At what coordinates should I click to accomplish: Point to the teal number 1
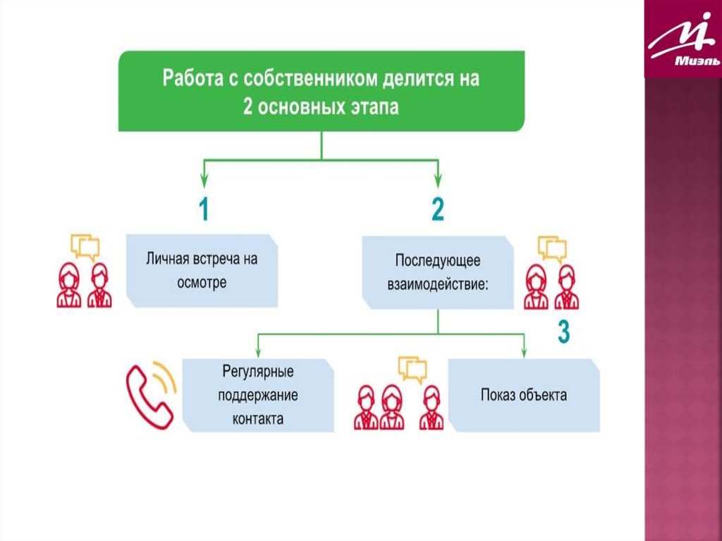[x=203, y=210]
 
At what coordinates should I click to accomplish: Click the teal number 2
[x=438, y=210]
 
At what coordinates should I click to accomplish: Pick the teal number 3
[x=563, y=332]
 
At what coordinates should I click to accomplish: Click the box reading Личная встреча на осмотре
[x=202, y=271]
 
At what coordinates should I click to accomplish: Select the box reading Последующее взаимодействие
[x=437, y=272]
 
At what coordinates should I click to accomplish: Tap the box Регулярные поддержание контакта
[x=257, y=395]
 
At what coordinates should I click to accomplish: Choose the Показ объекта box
[x=524, y=395]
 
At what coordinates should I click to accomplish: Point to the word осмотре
[x=202, y=282]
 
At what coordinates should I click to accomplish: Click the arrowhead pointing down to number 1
[x=204, y=178]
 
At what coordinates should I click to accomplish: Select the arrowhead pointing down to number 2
[x=438, y=178]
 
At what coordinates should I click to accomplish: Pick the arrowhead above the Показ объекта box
[x=524, y=351]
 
